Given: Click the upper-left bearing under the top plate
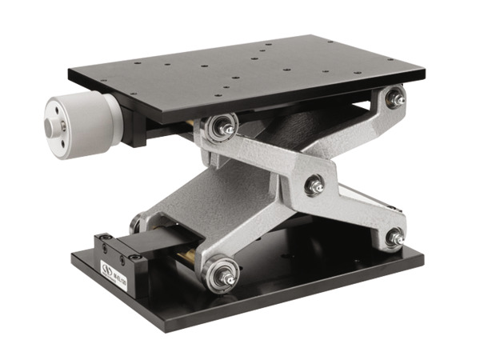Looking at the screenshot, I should click(x=219, y=126).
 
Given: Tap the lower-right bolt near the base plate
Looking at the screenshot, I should click(x=394, y=236).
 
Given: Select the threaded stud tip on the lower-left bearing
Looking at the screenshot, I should click(x=231, y=279).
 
